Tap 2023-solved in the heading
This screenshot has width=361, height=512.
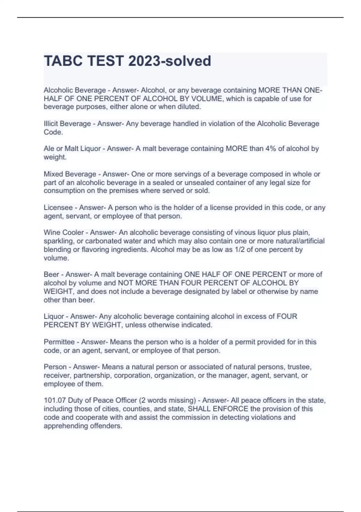tap(169, 61)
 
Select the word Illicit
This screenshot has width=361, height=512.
tap(52, 124)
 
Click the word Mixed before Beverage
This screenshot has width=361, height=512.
tap(53, 174)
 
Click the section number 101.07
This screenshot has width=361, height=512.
tap(55, 400)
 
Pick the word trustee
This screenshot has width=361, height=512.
tap(299, 367)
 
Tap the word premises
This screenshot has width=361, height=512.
tap(121, 191)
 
